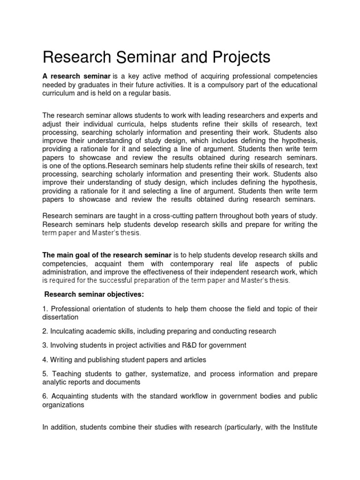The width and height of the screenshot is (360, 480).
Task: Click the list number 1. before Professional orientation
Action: click(x=45, y=309)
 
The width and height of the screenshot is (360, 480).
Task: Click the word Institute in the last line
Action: click(x=304, y=427)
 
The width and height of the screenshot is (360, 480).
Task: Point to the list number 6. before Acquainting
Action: click(x=45, y=397)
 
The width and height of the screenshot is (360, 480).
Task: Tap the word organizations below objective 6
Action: click(x=63, y=405)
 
